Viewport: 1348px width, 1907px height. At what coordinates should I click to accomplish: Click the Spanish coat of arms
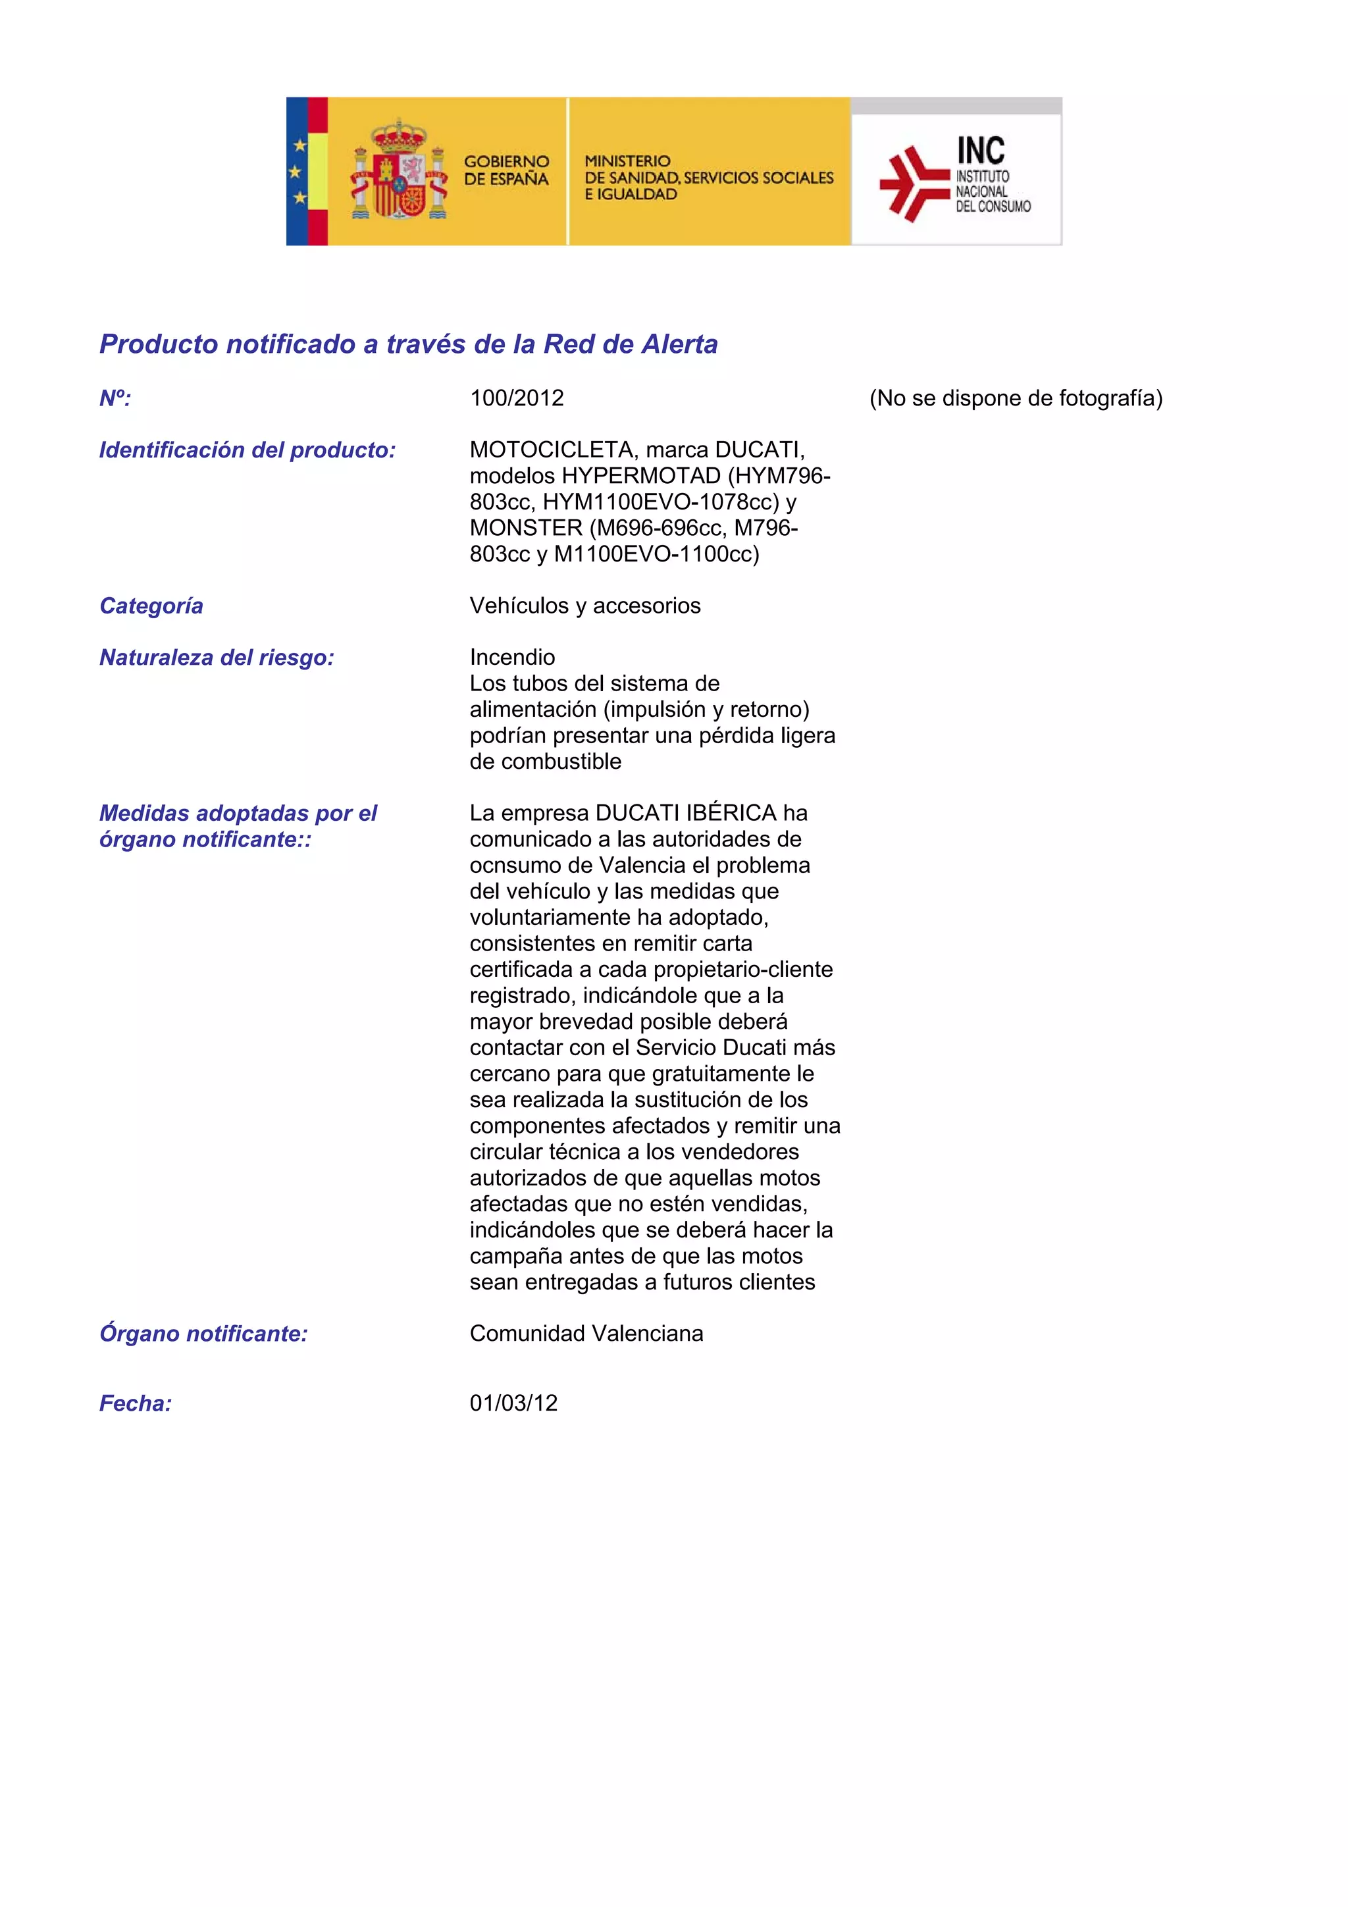(400, 170)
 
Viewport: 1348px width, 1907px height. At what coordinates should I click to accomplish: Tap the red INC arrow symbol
(912, 184)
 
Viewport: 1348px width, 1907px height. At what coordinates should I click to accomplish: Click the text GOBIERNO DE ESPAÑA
(505, 170)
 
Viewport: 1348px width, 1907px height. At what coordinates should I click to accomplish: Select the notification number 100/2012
(517, 399)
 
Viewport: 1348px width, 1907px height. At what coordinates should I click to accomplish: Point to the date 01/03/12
(513, 1403)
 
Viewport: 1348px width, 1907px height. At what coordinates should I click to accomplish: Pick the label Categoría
(151, 606)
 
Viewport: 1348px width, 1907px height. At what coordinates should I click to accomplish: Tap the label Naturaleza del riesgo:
(217, 658)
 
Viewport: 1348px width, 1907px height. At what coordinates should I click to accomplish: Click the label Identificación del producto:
(247, 450)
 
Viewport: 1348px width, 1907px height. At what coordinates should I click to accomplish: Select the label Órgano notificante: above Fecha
(203, 1333)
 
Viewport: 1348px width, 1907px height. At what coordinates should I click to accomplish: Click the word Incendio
(513, 657)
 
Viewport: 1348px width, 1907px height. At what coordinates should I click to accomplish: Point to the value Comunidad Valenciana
(586, 1333)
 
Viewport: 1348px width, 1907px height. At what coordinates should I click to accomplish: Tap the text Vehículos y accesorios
(584, 606)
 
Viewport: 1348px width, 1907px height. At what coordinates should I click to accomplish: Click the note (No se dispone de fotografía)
(1016, 399)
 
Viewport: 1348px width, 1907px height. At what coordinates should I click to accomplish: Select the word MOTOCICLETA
(552, 450)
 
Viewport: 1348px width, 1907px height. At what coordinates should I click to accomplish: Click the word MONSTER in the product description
(526, 527)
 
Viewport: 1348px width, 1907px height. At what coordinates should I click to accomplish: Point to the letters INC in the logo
(980, 151)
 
